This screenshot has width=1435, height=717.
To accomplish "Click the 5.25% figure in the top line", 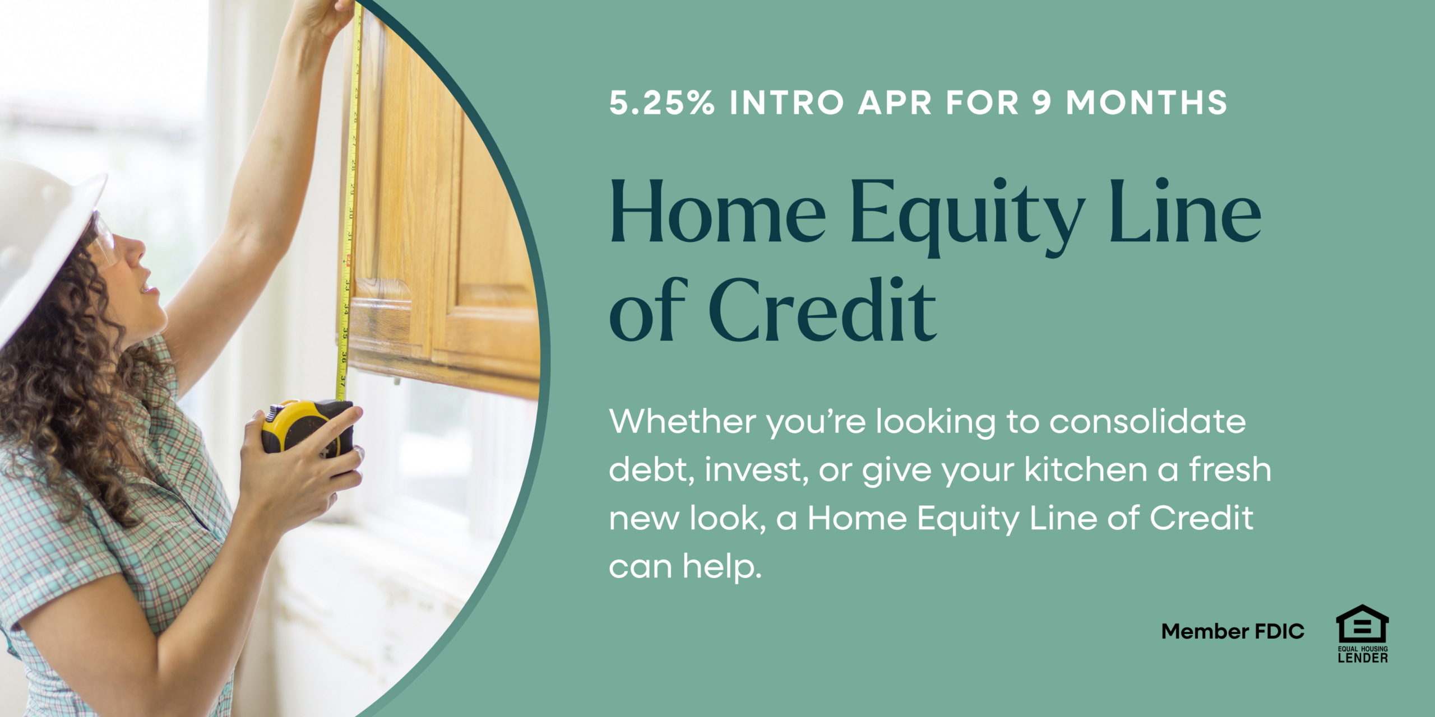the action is click(662, 103).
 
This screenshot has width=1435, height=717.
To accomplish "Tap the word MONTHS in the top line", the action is click(1146, 103).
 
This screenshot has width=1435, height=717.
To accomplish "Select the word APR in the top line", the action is click(895, 103).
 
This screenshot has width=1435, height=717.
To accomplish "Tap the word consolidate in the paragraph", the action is click(1147, 421).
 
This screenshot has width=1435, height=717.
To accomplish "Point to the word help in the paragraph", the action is click(722, 567).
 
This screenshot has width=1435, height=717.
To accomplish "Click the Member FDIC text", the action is click(1233, 631).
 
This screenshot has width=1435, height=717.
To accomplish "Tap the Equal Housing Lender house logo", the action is click(1363, 634).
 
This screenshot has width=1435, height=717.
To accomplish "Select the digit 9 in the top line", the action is click(1041, 103).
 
